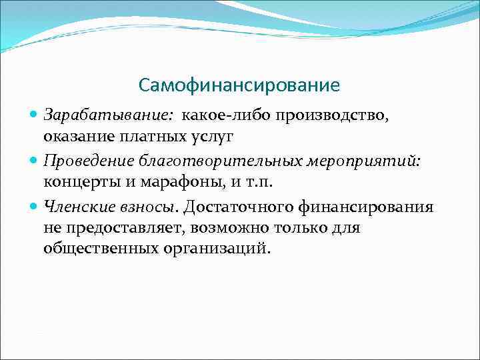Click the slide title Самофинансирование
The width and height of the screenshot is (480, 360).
tap(239, 86)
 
